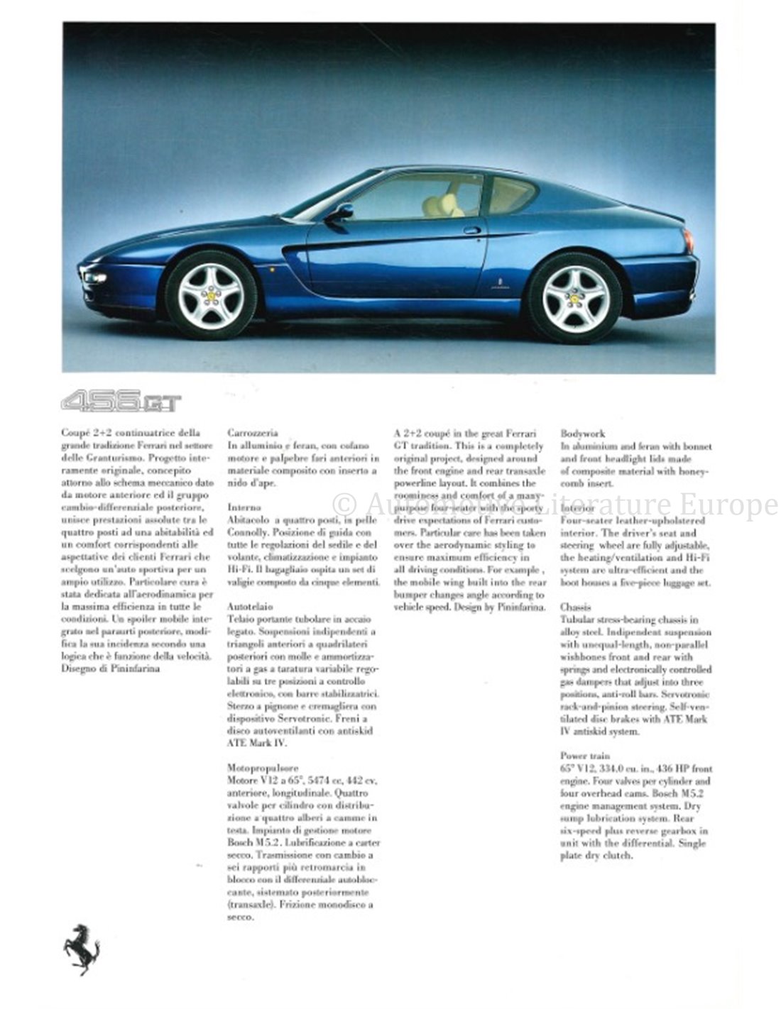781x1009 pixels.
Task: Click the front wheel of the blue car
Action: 211,294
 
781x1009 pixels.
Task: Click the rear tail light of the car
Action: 688,241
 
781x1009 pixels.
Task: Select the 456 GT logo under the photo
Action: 121,403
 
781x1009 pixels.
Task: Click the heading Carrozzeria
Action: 253,432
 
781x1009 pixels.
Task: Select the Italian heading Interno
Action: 245,507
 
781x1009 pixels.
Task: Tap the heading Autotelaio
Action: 251,607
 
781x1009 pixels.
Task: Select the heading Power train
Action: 585,756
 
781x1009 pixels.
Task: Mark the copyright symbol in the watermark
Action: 344,504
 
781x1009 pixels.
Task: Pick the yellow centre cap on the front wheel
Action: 211,294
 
